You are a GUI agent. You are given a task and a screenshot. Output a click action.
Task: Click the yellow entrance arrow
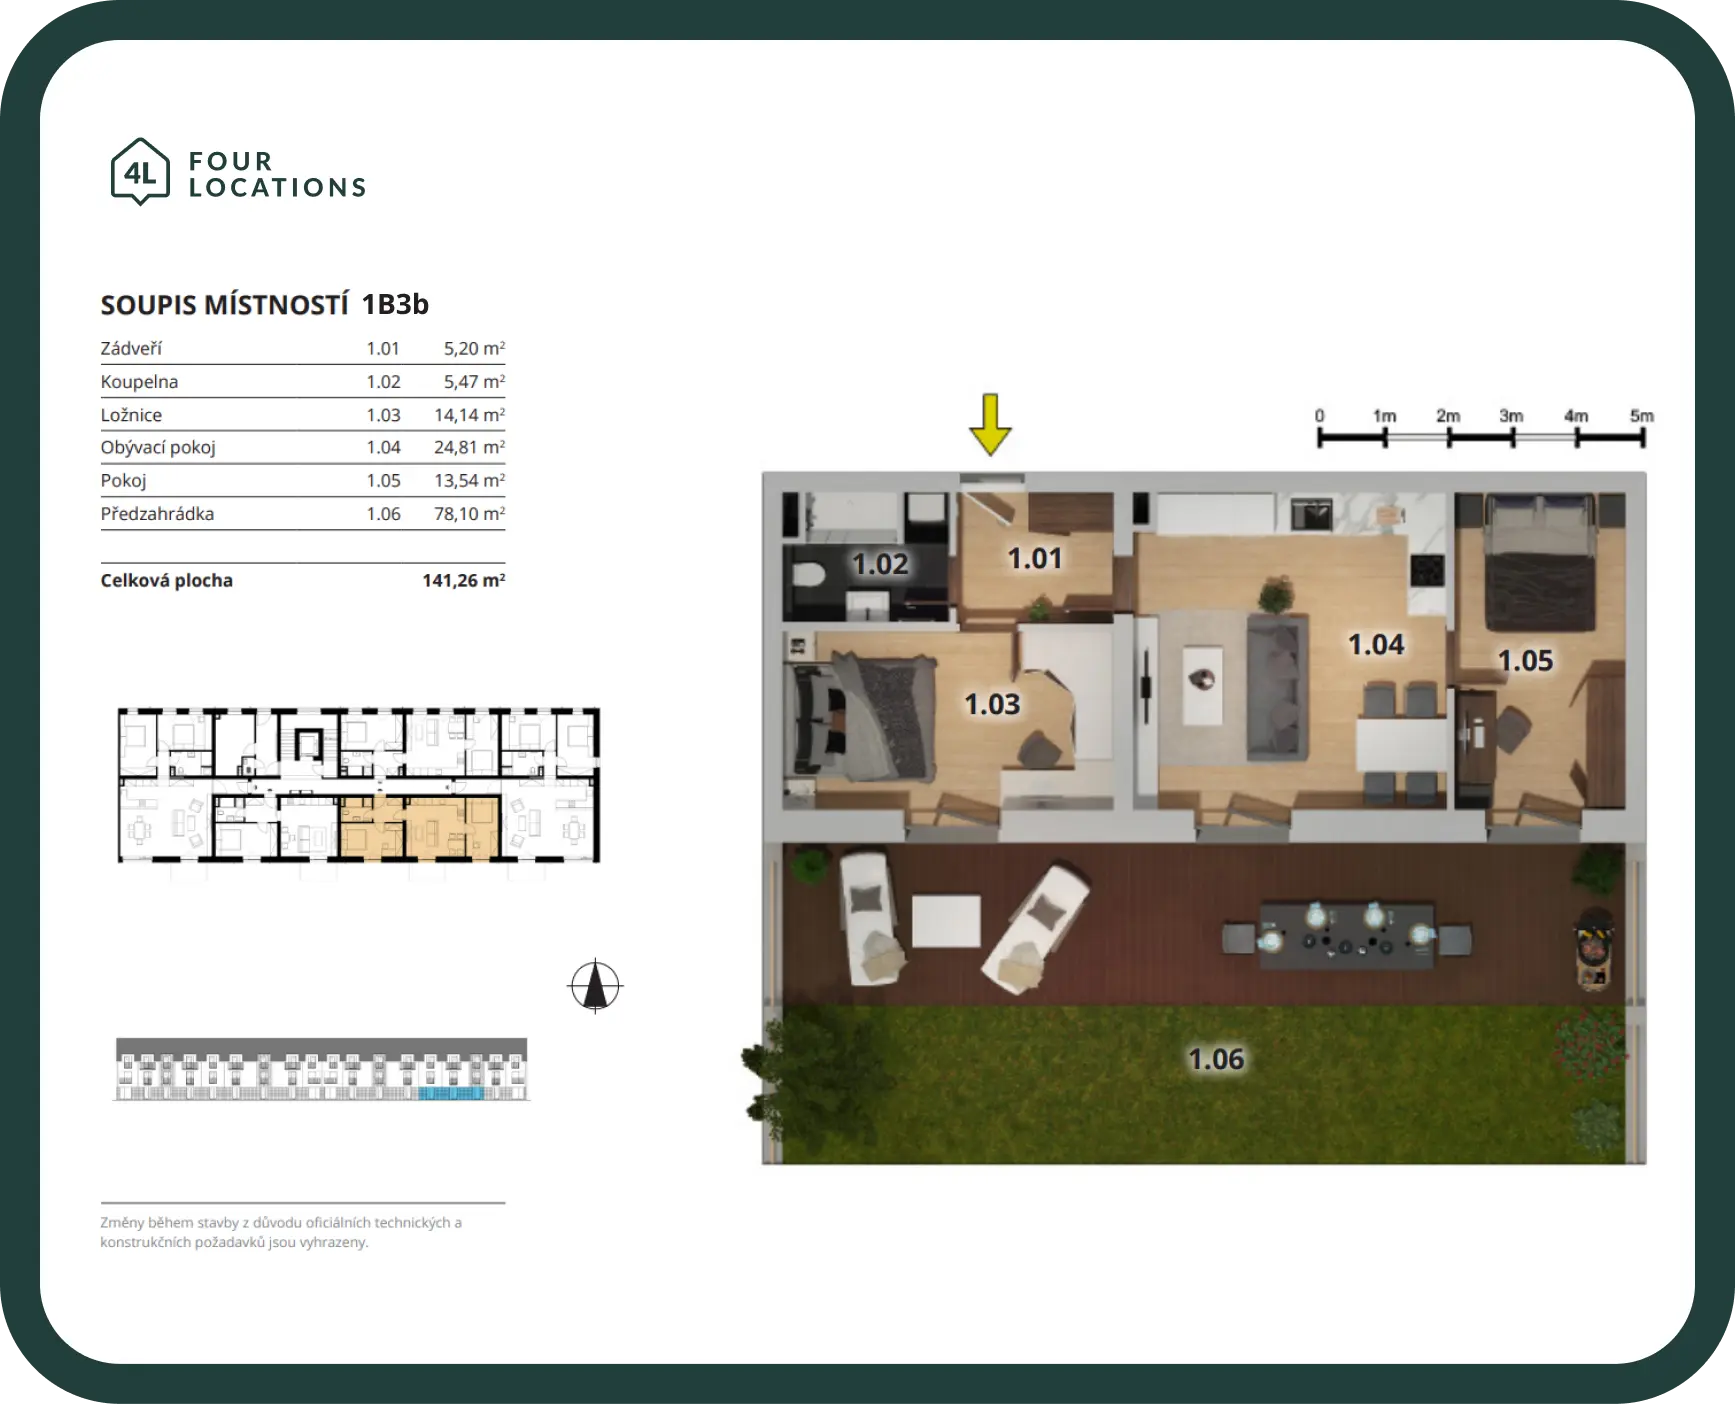990,424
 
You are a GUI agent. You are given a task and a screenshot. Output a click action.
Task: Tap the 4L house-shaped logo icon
140,172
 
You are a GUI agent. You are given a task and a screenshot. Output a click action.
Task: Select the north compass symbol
595,986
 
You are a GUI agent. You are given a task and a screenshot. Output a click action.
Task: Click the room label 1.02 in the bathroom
880,564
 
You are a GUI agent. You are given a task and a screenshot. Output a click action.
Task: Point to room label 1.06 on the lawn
1216,1059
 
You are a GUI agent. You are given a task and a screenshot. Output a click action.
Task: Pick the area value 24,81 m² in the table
469,447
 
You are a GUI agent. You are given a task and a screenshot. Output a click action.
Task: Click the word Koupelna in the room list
139,381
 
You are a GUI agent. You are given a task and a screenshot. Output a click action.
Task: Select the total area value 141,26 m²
463,580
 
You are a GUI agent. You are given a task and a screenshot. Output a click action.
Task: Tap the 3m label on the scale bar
1511,416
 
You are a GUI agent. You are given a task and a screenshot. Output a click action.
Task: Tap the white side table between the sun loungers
946,921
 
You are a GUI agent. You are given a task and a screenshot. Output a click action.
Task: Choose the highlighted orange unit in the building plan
419,827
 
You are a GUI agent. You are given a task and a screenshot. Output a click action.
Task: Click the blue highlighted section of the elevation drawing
450,1094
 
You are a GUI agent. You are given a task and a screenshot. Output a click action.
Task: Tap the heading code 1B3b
395,304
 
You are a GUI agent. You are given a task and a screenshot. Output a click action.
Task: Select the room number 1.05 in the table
383,480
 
